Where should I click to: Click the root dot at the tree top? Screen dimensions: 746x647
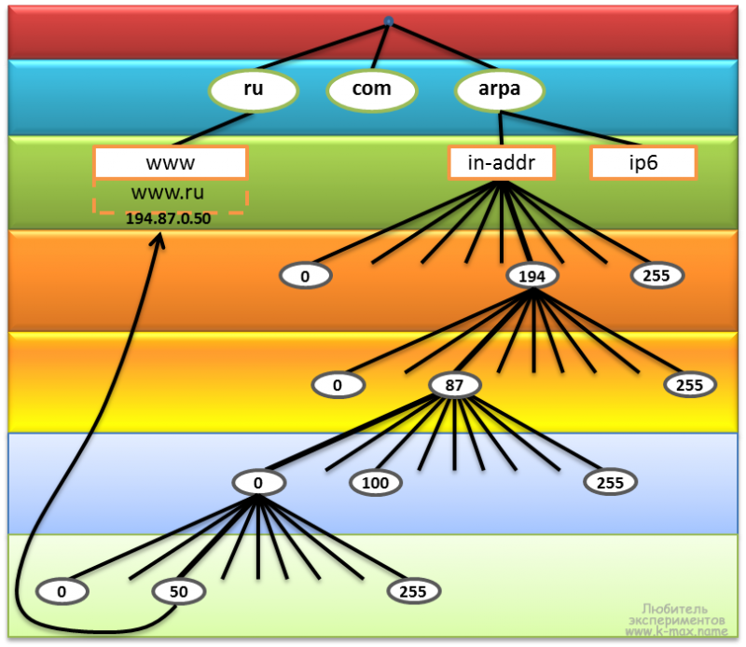389,21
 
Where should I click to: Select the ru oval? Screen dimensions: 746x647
254,89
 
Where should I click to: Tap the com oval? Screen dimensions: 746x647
372,89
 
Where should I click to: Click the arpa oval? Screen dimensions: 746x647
500,89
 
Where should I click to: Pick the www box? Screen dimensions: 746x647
171,163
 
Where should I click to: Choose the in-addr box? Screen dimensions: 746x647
502,163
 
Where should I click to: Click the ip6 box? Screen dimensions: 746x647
643,163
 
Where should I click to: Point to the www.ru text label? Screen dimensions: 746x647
168,192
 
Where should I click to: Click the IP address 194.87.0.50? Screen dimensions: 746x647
168,218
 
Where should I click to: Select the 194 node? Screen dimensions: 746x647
532,276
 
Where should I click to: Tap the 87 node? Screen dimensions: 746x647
454,385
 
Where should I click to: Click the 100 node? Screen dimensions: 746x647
376,483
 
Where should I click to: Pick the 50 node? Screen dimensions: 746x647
178,592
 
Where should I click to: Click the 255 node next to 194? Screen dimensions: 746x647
657,276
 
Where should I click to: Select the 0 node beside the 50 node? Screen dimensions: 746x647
62,592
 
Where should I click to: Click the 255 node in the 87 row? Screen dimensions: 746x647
690,385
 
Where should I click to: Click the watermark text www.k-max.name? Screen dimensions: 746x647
677,632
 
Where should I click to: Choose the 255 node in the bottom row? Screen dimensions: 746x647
413,592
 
